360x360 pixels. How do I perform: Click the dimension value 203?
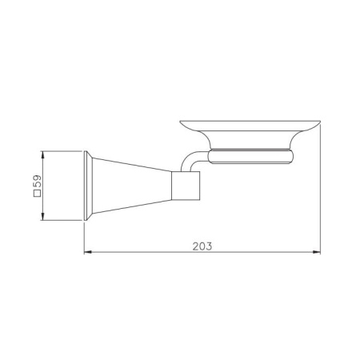202,246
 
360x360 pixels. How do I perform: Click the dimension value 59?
38,182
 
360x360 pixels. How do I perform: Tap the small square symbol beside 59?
38,194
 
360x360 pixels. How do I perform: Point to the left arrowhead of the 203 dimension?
88,252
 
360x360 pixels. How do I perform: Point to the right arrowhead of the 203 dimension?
317,252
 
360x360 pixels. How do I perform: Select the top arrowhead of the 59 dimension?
42,155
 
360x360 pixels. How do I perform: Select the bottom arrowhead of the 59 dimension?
42,217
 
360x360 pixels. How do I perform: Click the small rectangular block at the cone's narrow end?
186,186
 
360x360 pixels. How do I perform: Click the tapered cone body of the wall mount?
131,186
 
